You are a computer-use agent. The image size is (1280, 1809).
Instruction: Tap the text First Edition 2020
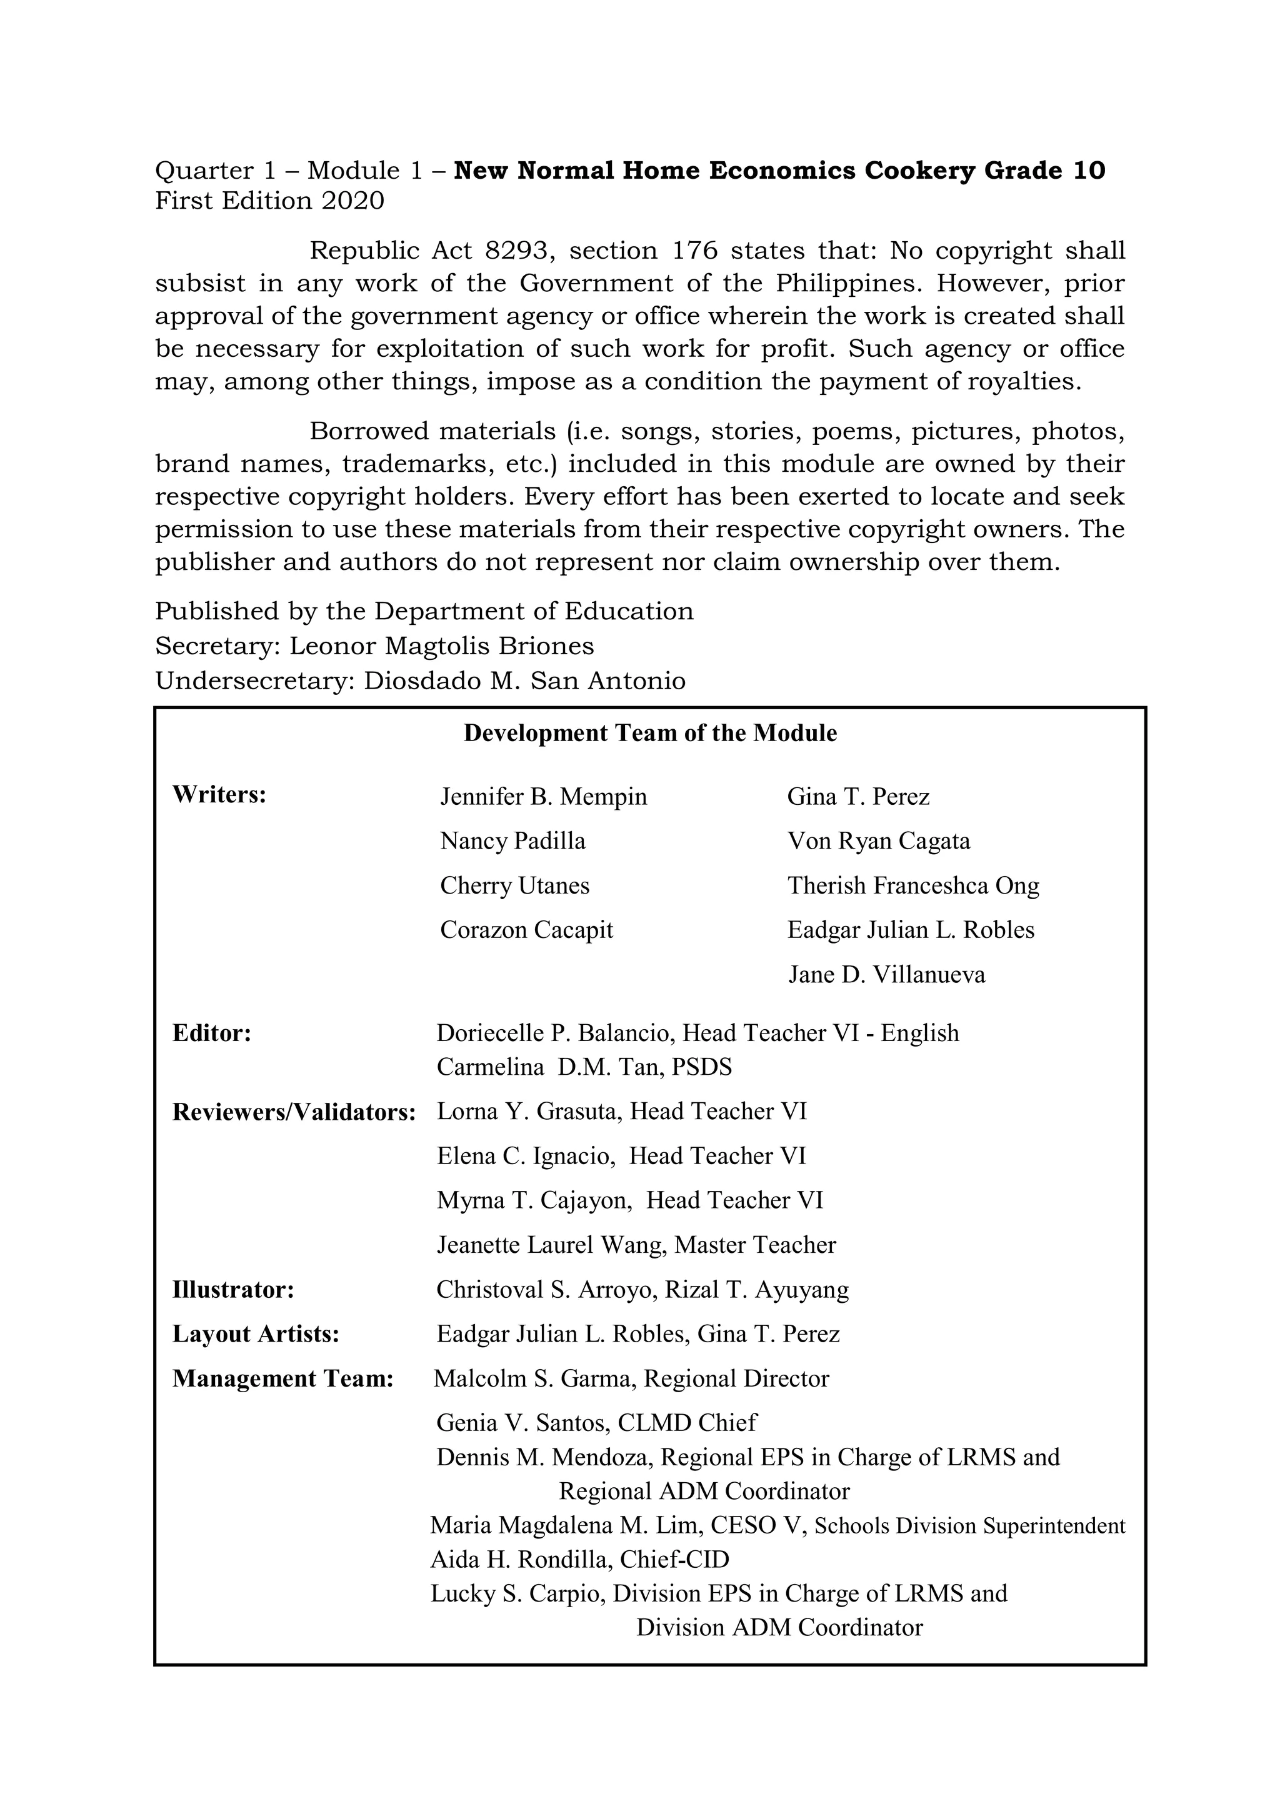(269, 201)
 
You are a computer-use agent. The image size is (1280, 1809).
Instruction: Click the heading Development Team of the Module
(649, 733)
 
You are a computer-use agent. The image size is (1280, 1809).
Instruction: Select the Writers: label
(219, 794)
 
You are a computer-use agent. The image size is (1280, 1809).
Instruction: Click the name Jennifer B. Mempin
(543, 797)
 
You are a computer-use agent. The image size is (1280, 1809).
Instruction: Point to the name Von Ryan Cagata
(878, 840)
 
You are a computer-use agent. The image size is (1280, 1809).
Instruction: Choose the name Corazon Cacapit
(526, 930)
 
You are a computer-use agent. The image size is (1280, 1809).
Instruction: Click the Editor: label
(211, 1033)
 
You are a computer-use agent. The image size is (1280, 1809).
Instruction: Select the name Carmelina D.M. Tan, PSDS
(584, 1067)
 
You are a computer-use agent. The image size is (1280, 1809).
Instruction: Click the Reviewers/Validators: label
(293, 1112)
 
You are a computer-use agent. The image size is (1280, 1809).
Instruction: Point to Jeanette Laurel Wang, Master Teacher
(636, 1245)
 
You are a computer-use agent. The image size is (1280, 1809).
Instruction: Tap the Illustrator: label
(232, 1290)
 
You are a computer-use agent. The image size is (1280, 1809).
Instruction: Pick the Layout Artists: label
(256, 1334)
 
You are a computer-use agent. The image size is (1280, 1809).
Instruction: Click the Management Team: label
(282, 1379)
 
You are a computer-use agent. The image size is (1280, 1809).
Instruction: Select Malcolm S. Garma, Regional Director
(631, 1379)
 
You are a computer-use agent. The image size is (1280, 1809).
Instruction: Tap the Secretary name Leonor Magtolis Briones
(441, 646)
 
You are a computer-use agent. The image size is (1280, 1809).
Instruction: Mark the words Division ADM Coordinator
(779, 1627)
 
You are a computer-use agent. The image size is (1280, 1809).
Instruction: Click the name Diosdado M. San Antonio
(524, 680)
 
